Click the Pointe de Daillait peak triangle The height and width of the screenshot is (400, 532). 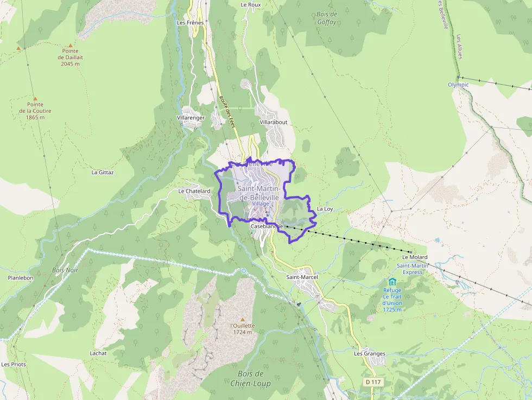(x=70, y=46)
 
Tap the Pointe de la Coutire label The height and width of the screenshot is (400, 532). (x=35, y=111)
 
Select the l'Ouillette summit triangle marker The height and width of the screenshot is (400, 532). (x=243, y=319)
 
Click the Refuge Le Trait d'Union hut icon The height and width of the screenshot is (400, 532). (x=392, y=281)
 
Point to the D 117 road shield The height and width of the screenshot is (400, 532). (x=373, y=382)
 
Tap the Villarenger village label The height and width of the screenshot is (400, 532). (x=191, y=117)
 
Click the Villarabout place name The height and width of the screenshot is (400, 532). (x=274, y=122)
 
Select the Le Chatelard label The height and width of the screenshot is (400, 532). (x=194, y=191)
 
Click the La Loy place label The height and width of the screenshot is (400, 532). (x=325, y=208)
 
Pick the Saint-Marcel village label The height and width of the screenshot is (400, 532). (x=302, y=277)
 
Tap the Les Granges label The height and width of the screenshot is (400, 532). (x=370, y=353)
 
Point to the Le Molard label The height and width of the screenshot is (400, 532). (x=415, y=257)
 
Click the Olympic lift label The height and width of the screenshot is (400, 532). (x=458, y=85)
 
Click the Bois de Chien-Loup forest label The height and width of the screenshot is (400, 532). (x=250, y=379)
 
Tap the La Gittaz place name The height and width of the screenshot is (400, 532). (x=102, y=172)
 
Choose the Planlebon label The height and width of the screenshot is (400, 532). (x=21, y=277)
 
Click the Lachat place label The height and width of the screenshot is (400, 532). (x=98, y=353)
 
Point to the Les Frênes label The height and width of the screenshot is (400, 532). (x=190, y=23)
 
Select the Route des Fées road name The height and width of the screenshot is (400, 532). (x=227, y=112)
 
